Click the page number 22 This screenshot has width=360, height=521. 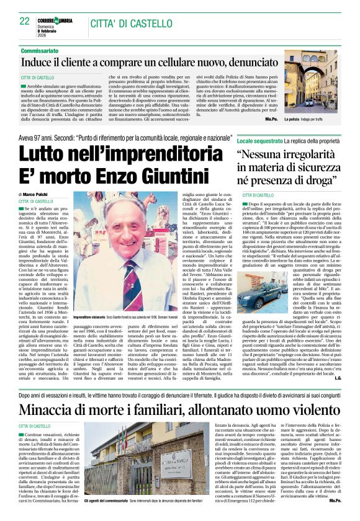25,21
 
